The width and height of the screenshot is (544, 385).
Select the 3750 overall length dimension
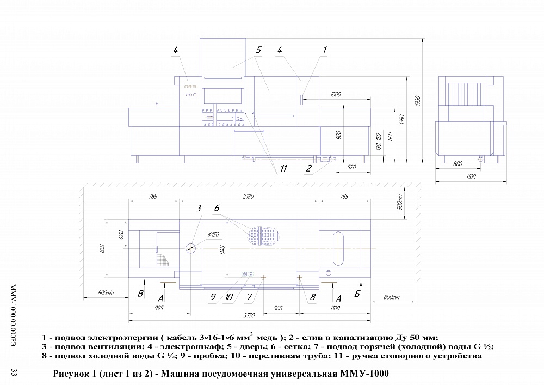(249, 315)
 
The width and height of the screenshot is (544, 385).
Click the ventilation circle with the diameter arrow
(190, 248)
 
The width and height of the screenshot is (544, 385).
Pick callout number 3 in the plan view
(199, 208)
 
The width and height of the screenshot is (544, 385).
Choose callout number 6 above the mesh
(217, 208)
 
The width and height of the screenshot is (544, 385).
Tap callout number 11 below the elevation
(283, 169)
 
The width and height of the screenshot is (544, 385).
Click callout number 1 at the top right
(325, 50)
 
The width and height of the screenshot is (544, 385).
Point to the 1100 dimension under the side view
(471, 177)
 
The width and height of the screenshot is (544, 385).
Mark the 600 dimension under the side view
(458, 163)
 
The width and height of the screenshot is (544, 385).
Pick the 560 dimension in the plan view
(278, 308)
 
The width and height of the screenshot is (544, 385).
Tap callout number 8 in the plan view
(312, 297)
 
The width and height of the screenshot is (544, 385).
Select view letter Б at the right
(357, 295)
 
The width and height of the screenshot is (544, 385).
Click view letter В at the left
(141, 295)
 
